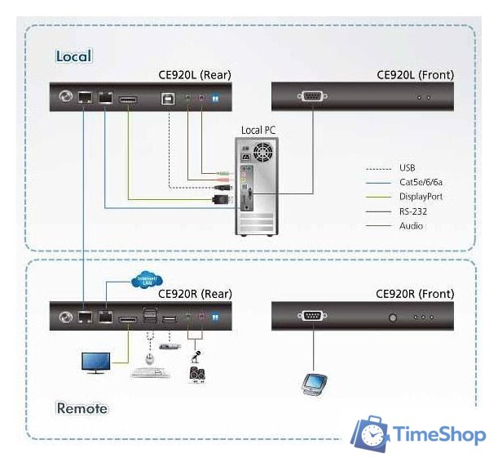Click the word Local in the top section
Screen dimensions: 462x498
point(73,56)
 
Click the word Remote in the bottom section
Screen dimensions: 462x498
point(82,407)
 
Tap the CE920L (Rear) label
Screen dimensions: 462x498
point(195,75)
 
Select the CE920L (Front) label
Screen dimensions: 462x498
point(415,75)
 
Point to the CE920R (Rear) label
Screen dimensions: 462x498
point(195,294)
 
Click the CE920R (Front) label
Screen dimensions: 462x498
point(415,294)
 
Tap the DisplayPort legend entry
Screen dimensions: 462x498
point(421,197)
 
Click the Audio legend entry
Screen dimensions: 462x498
point(411,226)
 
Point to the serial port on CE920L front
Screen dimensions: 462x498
point(312,97)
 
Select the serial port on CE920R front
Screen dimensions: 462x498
point(312,316)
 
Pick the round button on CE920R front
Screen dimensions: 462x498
point(394,317)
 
